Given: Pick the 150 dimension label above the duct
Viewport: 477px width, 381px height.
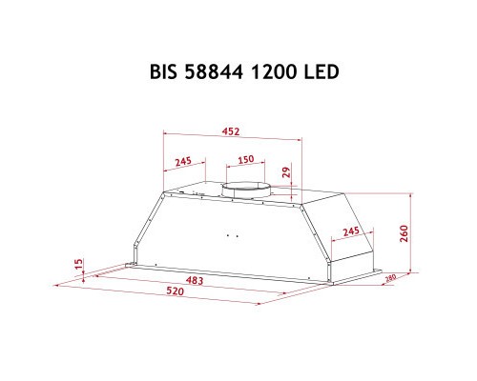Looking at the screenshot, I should click(x=245, y=160).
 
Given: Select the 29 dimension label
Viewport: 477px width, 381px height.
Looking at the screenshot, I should click(x=284, y=172).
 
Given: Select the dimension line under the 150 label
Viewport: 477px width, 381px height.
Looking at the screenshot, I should click(x=245, y=167).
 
